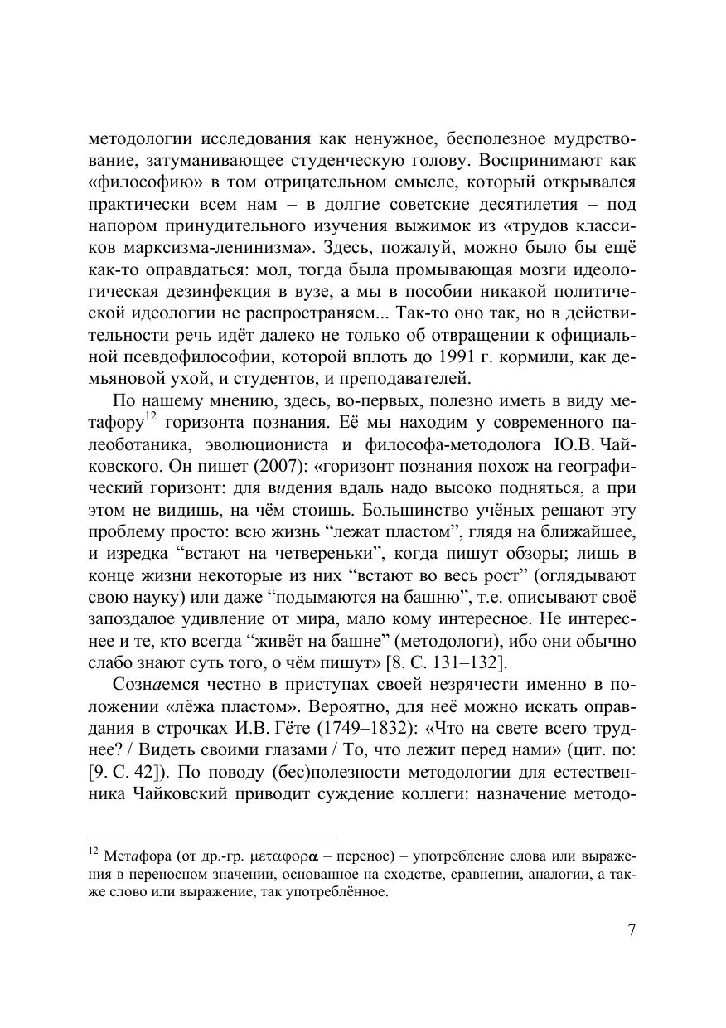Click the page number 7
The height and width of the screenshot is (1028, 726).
(632, 929)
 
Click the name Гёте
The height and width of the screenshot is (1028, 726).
(335, 730)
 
